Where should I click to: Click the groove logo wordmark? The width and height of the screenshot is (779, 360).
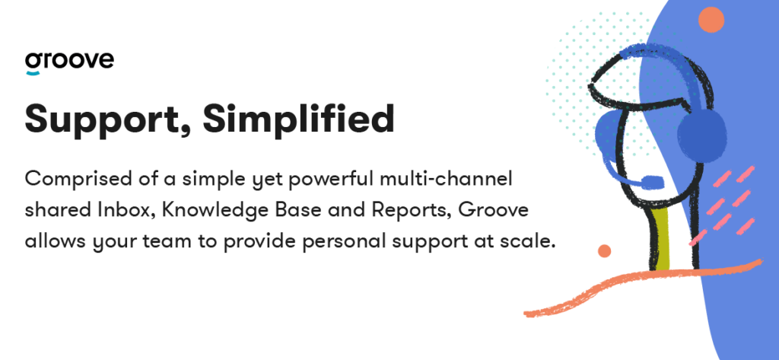click(69, 61)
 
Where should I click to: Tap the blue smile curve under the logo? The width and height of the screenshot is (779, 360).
click(33, 73)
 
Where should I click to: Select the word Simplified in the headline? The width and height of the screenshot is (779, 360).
click(298, 118)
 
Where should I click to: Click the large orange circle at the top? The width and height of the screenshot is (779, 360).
click(711, 20)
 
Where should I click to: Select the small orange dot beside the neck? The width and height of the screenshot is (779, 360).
click(604, 250)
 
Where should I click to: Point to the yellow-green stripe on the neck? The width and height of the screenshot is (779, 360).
click(663, 239)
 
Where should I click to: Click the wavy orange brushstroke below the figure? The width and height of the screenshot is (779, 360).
click(641, 288)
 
